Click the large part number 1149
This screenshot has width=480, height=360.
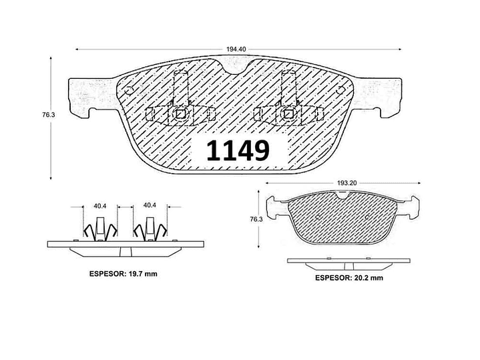(238, 150)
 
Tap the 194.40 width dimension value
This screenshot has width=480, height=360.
(236, 49)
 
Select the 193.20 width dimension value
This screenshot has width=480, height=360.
(347, 183)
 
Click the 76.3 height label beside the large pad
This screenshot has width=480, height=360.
(48, 115)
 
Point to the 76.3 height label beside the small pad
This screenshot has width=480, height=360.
(256, 219)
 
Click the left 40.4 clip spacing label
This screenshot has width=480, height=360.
(99, 206)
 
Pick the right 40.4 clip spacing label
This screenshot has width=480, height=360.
(150, 205)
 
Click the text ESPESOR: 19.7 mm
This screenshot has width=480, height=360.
(124, 274)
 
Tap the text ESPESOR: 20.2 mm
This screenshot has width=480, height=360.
(349, 278)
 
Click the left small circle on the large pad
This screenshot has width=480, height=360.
(129, 91)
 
